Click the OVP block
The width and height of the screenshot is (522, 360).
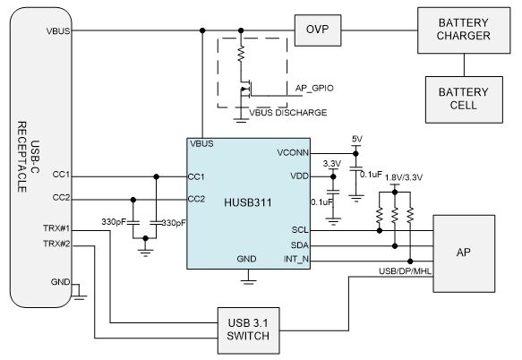[x=318, y=30]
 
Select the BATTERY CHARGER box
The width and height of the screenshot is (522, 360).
[x=464, y=30]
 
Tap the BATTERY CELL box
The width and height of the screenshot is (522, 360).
[x=464, y=99]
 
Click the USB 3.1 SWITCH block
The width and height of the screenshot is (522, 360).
[x=248, y=330]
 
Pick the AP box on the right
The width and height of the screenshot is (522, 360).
[x=464, y=253]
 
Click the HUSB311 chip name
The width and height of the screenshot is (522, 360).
[x=248, y=202]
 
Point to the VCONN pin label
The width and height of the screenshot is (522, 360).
[x=293, y=153]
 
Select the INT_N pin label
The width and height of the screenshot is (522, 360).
[x=296, y=259]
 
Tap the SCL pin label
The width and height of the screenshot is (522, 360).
[x=300, y=230]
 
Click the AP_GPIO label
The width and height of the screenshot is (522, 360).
[x=314, y=89]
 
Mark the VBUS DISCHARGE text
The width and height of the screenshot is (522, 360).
[x=288, y=113]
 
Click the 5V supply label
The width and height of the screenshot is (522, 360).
[x=357, y=139]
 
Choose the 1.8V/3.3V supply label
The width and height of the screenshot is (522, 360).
[x=404, y=177]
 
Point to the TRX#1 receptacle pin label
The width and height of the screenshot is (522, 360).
[x=56, y=228]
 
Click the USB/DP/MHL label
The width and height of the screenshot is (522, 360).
[x=405, y=271]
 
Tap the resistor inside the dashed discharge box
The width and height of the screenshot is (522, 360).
[x=241, y=54]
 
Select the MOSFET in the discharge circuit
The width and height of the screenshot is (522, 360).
[x=245, y=89]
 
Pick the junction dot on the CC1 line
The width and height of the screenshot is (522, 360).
[x=156, y=176]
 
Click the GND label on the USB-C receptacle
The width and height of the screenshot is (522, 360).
[x=60, y=282]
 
